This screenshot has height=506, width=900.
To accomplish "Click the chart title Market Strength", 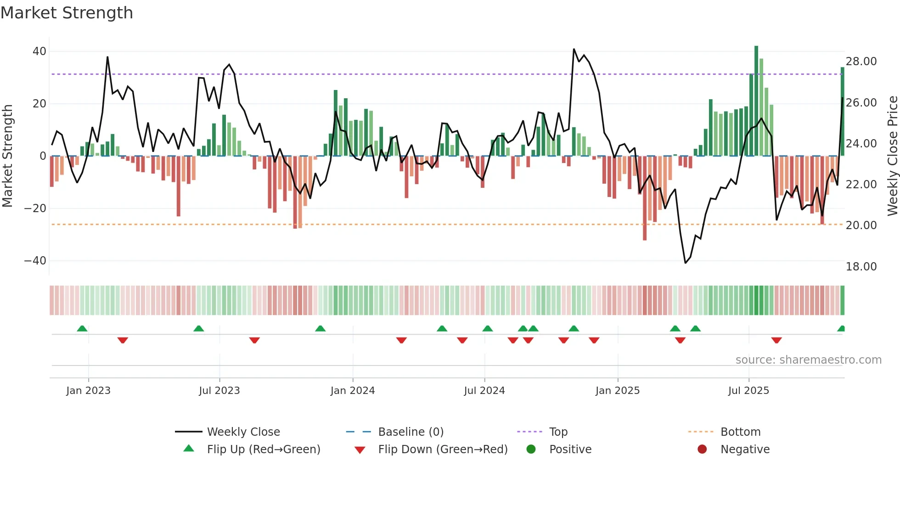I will [67, 13].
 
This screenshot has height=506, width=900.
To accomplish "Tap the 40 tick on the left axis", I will [39, 51].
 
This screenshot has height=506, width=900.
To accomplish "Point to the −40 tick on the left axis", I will [35, 261].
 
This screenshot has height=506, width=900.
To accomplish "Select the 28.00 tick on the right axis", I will [861, 62].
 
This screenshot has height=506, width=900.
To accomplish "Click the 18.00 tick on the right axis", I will [861, 267].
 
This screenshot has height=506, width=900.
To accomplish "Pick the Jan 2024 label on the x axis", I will [352, 391].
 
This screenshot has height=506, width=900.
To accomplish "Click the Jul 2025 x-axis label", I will [748, 391].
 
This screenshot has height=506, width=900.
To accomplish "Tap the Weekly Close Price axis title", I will [892, 156].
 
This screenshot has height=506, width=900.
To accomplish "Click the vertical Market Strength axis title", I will [7, 156].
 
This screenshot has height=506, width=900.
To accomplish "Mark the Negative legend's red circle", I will [702, 450].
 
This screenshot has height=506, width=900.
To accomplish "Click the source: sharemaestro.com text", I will [808, 360].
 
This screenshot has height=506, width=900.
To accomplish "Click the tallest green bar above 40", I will [756, 101].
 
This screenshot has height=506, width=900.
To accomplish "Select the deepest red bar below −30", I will [645, 197].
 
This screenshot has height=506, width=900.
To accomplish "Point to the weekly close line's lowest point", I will [685, 263].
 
